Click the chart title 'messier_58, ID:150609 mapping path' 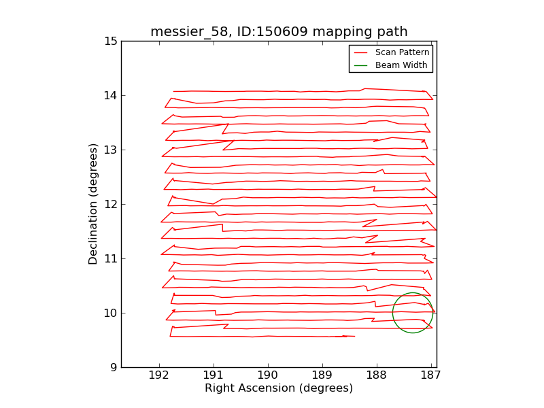(279, 32)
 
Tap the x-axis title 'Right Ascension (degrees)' (279, 388)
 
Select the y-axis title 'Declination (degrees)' (94, 204)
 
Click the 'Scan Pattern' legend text (402, 52)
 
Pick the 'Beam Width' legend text (401, 65)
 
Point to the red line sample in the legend (361, 52)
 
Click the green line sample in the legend (361, 65)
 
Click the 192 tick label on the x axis (159, 375)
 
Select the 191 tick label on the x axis (214, 375)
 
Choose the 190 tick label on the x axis (268, 375)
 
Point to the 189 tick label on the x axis (322, 375)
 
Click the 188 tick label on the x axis (377, 375)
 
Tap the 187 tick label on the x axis (431, 375)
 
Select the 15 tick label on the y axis (111, 41)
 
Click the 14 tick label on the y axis (111, 96)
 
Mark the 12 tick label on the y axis (111, 205)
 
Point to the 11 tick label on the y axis (111, 259)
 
